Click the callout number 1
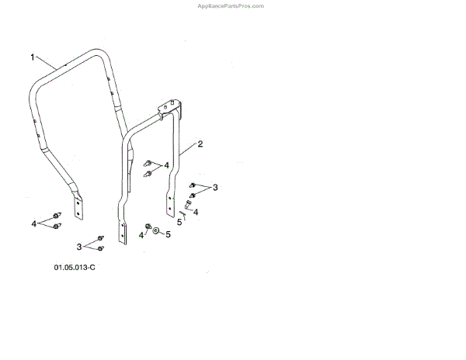(x=33, y=57)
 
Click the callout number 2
(x=200, y=144)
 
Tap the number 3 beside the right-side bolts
(x=215, y=187)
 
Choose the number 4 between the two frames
(x=165, y=165)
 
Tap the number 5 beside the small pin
(x=179, y=221)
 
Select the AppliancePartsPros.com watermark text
(x=232, y=5)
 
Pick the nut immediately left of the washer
(x=148, y=227)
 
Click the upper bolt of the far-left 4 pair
(x=57, y=215)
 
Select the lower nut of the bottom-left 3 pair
(x=101, y=248)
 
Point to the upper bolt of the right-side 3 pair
(x=193, y=185)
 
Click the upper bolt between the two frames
(x=147, y=162)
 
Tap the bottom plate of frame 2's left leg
(x=122, y=234)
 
